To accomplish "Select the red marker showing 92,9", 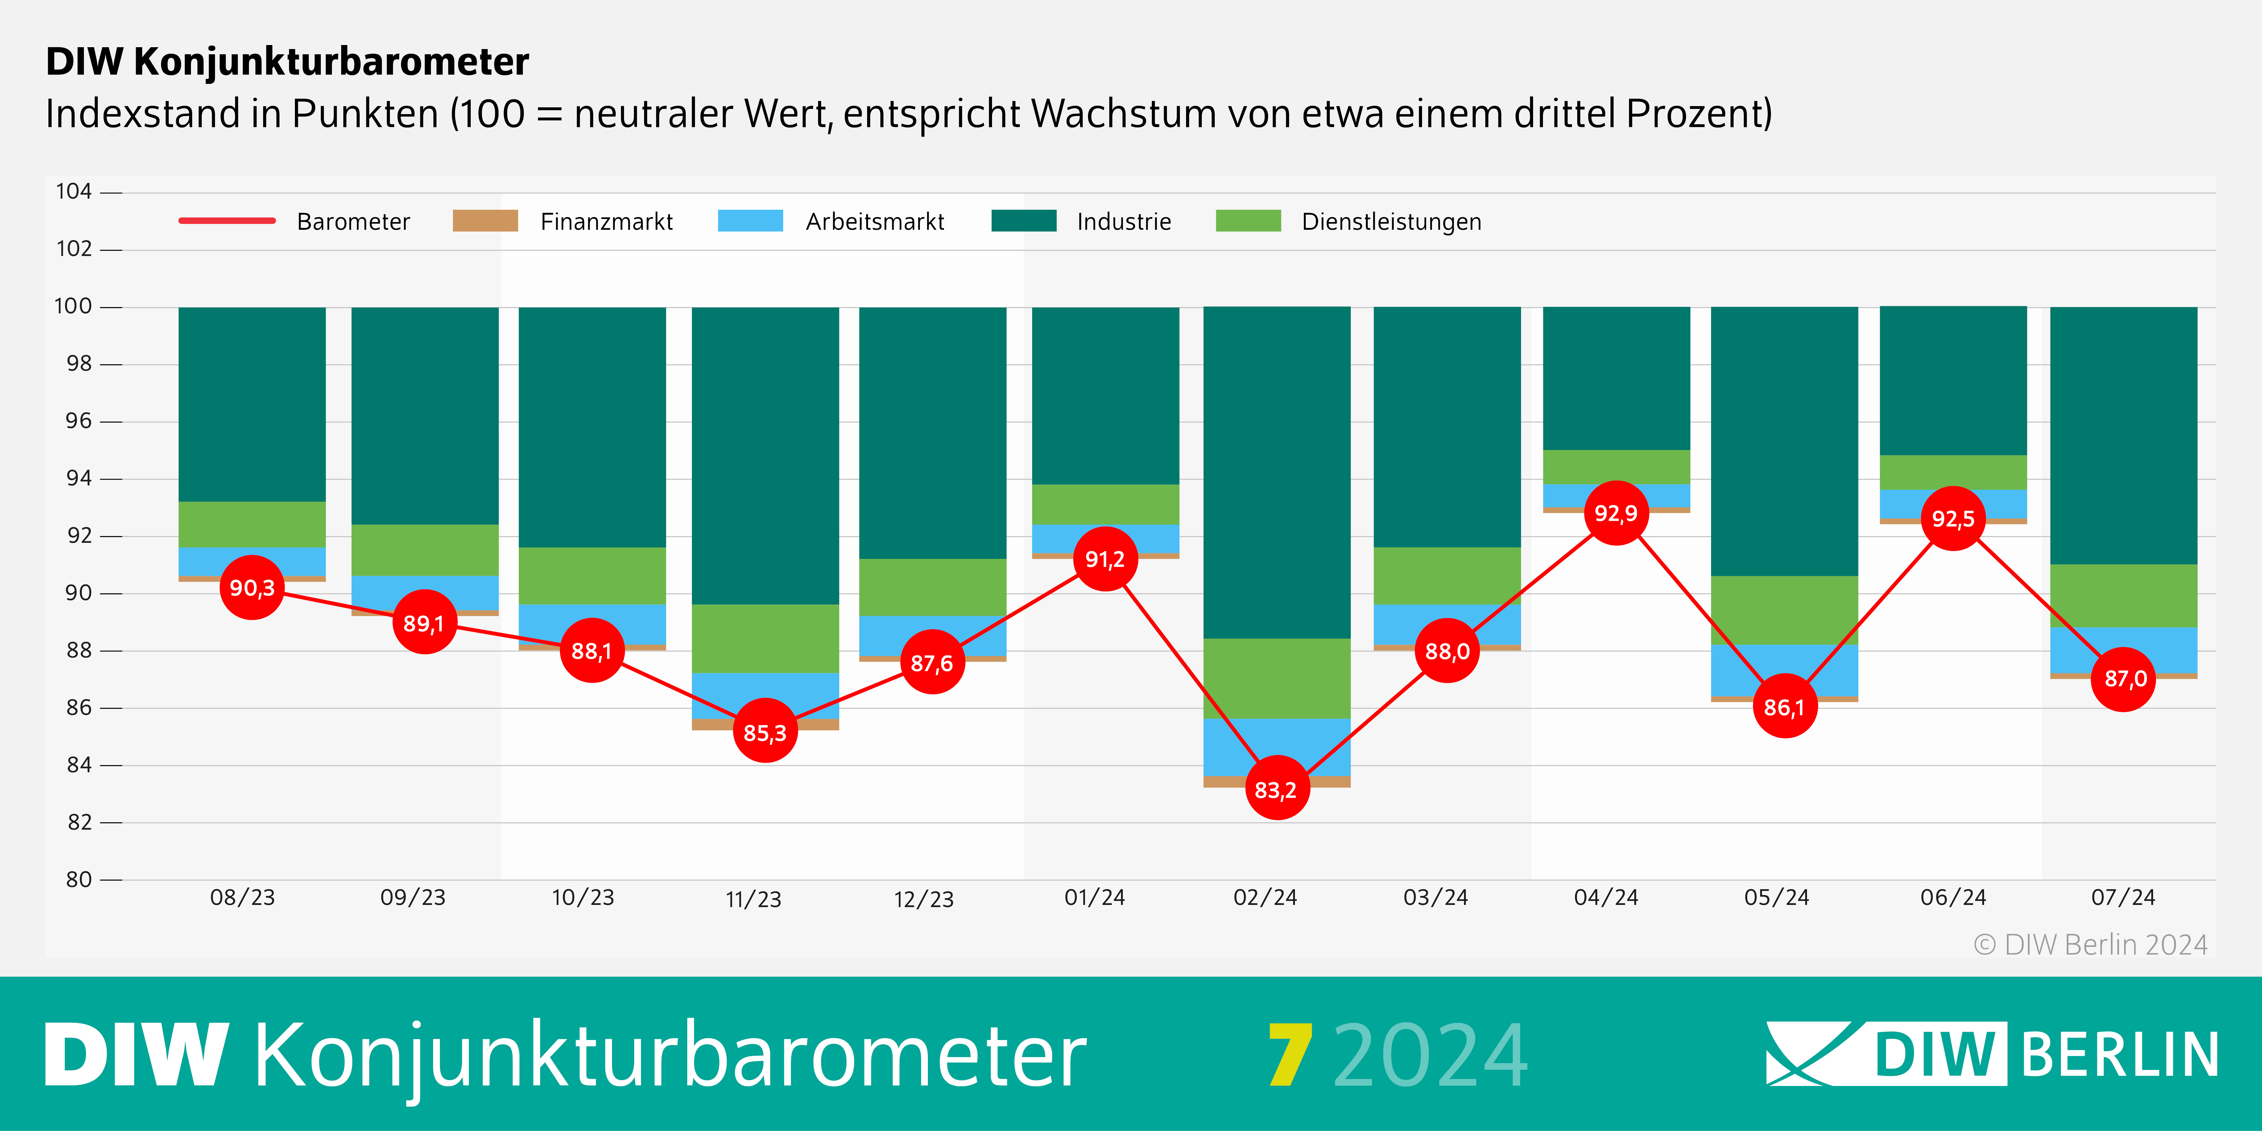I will click(1616, 513).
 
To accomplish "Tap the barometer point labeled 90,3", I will click(252, 588).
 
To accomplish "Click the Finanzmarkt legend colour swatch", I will click(485, 221).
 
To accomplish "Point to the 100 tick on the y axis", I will click(74, 307).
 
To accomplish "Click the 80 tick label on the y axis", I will click(79, 879).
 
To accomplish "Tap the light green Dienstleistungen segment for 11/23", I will click(765, 638).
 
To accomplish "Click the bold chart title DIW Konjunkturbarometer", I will click(287, 61).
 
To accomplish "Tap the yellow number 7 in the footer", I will click(1290, 1055).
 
